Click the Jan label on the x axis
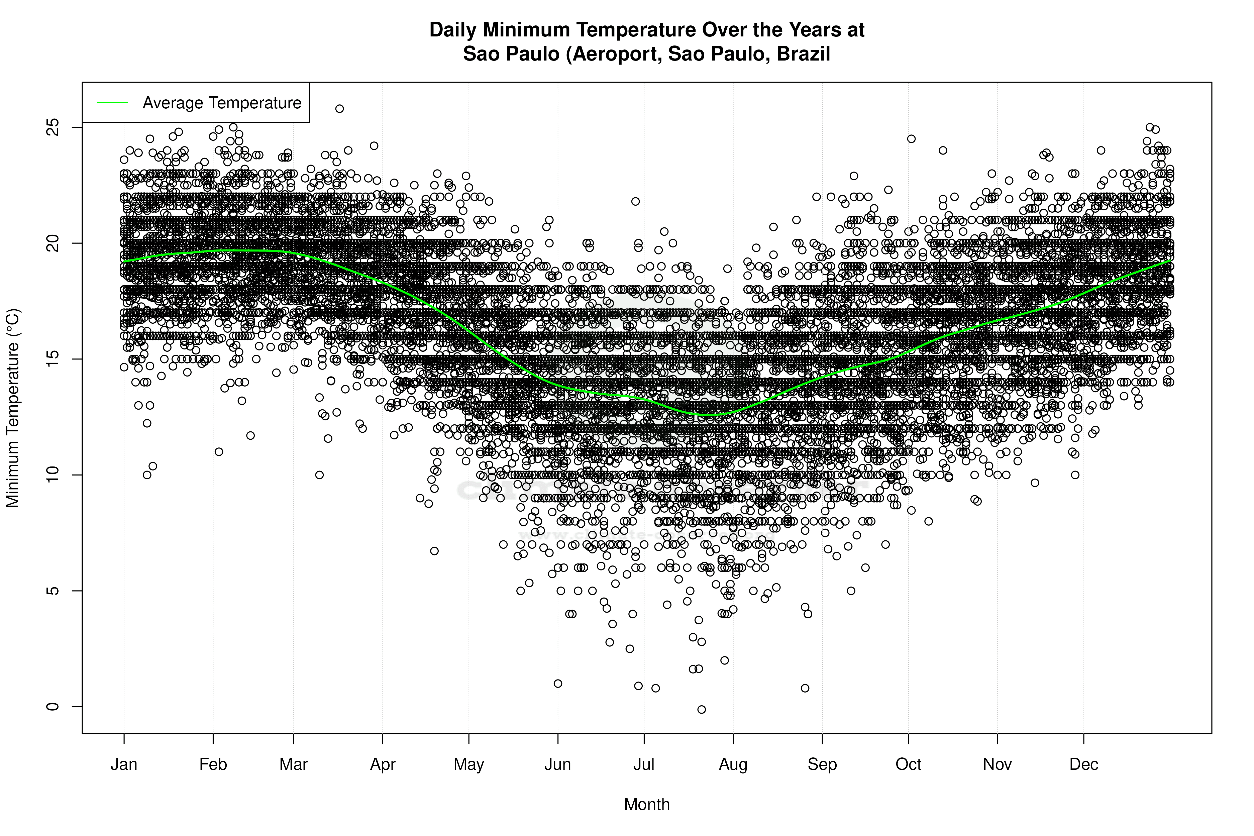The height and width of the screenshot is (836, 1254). click(x=124, y=764)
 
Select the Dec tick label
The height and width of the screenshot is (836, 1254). click(x=1083, y=764)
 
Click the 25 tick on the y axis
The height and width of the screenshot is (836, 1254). click(x=52, y=127)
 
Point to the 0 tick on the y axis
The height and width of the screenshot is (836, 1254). click(x=52, y=707)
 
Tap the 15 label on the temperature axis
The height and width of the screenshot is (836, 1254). click(x=52, y=359)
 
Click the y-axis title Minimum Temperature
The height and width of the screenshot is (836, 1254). click(x=13, y=408)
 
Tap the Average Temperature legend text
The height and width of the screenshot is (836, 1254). click(x=222, y=103)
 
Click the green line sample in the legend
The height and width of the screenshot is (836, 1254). click(x=112, y=102)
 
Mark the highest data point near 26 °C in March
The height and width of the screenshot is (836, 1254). click(x=339, y=109)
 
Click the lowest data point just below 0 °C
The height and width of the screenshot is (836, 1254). click(x=702, y=709)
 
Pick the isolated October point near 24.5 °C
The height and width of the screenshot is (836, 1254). click(x=911, y=139)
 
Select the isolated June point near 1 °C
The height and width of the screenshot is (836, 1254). click(x=558, y=684)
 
